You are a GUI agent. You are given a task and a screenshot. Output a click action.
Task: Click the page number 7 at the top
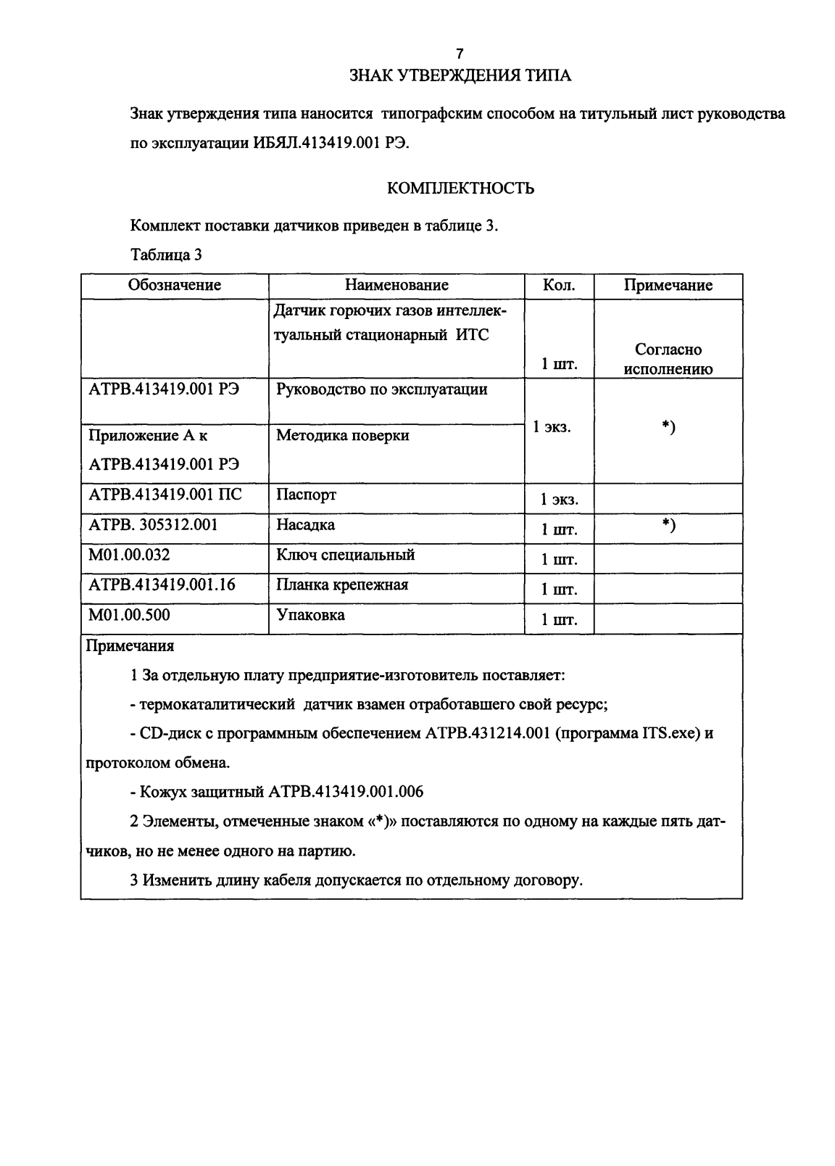click(x=460, y=54)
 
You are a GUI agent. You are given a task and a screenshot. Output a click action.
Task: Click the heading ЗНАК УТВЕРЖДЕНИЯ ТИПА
click(x=460, y=75)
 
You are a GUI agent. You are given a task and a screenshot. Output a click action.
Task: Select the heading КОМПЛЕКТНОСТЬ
click(x=461, y=189)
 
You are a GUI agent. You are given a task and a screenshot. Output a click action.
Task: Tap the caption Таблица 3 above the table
click(x=166, y=255)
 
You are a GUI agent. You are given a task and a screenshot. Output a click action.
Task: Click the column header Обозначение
click(x=175, y=286)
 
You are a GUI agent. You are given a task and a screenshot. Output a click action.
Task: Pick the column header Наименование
click(x=396, y=286)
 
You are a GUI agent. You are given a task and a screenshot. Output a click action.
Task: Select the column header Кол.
click(x=559, y=286)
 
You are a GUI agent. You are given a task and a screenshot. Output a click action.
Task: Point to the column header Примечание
click(x=668, y=286)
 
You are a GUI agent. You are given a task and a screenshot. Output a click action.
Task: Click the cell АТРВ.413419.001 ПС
click(x=165, y=495)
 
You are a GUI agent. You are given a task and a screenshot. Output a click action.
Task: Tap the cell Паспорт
click(x=306, y=495)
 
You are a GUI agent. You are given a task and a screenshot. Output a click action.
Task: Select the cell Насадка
click(x=305, y=525)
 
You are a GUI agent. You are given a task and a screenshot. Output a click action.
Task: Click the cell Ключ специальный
click(x=346, y=555)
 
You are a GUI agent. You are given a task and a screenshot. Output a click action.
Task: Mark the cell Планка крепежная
click(x=342, y=585)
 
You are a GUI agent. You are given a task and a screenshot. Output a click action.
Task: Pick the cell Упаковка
click(x=310, y=616)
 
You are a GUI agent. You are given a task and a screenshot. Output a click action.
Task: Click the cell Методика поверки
click(x=343, y=436)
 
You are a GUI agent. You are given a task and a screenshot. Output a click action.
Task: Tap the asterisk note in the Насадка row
click(x=668, y=526)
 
